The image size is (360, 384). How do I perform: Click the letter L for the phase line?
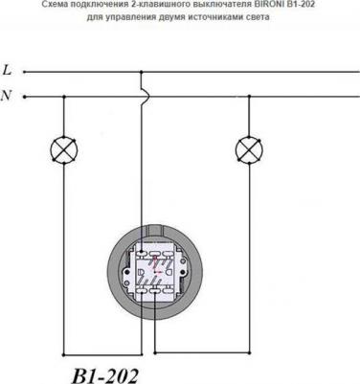pyautogui.click(x=7, y=70)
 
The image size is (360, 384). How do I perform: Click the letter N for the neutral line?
pyautogui.click(x=7, y=95)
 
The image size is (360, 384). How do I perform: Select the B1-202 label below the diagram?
pyautogui.click(x=105, y=375)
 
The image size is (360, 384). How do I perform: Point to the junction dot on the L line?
pyautogui.click(x=142, y=72)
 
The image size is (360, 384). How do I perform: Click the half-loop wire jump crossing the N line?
pyautogui.click(x=146, y=95)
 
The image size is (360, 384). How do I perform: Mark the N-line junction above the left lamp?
pyautogui.click(x=64, y=97)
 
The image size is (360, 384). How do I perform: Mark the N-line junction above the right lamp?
pyautogui.click(x=249, y=96)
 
